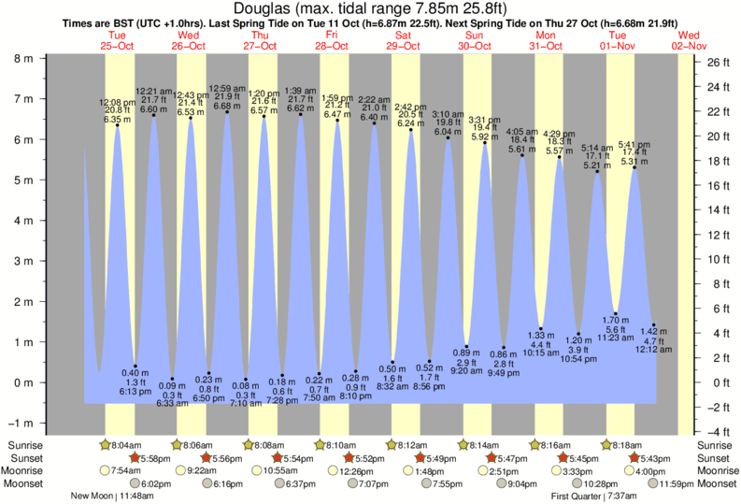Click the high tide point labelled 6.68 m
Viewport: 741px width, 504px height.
(x=227, y=112)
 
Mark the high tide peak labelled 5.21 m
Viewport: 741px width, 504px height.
(x=598, y=171)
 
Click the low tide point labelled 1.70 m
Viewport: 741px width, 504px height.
(x=616, y=313)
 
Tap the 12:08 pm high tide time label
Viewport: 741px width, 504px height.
(x=118, y=101)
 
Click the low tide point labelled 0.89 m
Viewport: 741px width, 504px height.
(x=467, y=346)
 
